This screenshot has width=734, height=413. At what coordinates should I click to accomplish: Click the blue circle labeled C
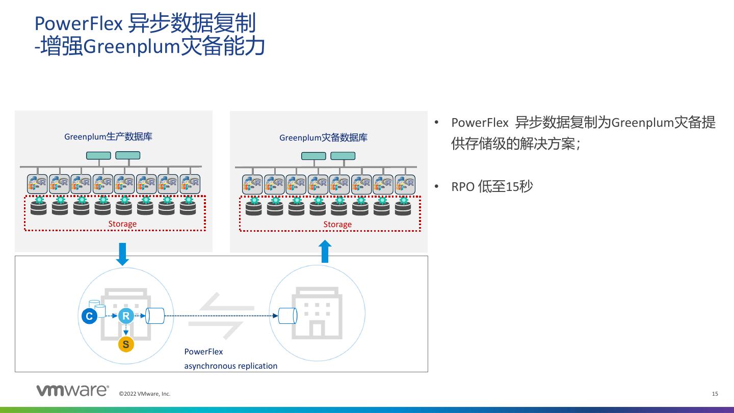coord(89,316)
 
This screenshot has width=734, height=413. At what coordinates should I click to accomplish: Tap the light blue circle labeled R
coord(125,316)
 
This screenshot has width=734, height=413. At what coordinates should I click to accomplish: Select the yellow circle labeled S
coord(126,344)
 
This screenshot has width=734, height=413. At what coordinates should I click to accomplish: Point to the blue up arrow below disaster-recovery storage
coord(325,251)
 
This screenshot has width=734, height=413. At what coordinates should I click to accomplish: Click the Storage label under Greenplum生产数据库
coord(122,224)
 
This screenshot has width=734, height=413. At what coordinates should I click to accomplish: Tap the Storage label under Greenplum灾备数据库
coord(337,225)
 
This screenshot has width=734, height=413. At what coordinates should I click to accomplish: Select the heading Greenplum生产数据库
coord(108,136)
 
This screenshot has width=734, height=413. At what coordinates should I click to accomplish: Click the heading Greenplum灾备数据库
coord(323,137)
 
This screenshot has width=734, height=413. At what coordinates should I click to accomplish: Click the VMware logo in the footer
coord(72,391)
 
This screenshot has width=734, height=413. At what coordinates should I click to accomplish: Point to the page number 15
coord(715,394)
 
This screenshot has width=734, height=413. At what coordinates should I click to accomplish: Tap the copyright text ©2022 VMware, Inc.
coord(145,394)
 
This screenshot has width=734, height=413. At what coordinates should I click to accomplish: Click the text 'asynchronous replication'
coord(231,366)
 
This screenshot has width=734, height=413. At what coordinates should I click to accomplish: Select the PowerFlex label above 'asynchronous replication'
coord(203,351)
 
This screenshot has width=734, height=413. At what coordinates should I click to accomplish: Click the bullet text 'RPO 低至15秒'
coord(492,186)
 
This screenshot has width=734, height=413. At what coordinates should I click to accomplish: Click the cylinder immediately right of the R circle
coord(155,316)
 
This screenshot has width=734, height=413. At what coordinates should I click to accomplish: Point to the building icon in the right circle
coord(317,313)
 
